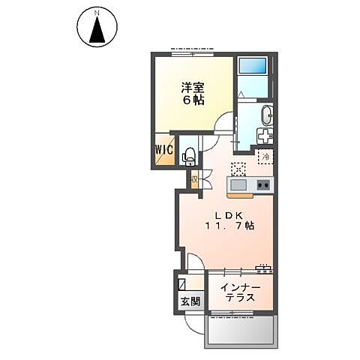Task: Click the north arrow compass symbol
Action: point(97,31)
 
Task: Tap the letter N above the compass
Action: point(97,13)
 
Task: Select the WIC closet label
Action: point(165,149)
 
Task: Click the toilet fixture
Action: point(189,154)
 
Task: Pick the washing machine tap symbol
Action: point(265,137)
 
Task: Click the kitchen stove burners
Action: point(264,184)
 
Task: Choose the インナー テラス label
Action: point(239,292)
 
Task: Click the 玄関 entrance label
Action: point(190,301)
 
